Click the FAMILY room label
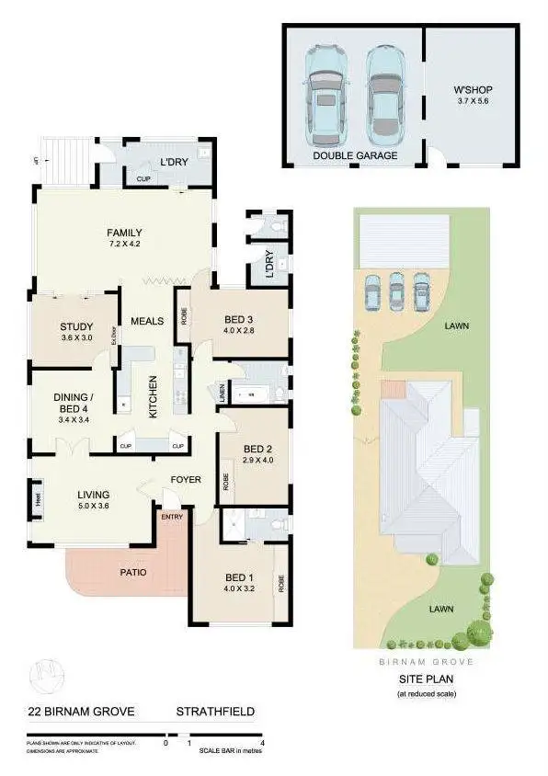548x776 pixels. [123, 232]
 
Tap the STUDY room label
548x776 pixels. [76, 325]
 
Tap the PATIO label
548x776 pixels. [134, 572]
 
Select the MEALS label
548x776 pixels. [147, 321]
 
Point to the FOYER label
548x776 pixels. [185, 480]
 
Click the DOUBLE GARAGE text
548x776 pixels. [355, 156]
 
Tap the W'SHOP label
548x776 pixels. [474, 90]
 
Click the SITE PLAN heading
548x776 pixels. [426, 679]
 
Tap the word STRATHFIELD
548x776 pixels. [215, 712]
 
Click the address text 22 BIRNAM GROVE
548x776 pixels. [81, 712]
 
